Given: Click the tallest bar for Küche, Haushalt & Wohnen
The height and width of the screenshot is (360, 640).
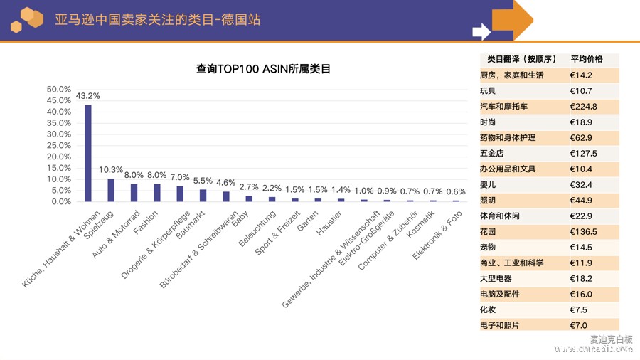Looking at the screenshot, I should (88, 153).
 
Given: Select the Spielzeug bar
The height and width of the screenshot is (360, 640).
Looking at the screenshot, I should (111, 190).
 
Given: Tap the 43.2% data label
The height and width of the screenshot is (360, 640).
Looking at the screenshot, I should (88, 96).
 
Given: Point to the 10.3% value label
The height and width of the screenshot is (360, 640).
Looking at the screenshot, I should (111, 170).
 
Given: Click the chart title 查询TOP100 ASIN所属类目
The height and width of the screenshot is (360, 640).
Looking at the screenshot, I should (263, 69).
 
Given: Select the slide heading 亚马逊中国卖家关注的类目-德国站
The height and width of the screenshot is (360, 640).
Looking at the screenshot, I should (157, 19).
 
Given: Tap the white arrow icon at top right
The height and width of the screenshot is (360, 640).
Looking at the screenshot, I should (481, 31).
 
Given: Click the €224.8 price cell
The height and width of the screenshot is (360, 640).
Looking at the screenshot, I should (583, 107).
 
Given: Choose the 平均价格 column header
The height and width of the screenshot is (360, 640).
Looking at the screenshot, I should (587, 59).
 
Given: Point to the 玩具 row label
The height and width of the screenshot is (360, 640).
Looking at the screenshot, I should (488, 91).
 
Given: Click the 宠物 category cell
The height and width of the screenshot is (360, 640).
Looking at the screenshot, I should (488, 248).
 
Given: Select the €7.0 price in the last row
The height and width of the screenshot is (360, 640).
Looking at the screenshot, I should (579, 325).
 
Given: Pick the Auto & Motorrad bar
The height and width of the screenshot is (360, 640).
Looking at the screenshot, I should (134, 192).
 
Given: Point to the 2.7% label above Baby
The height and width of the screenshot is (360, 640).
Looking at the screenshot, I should (248, 187).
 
